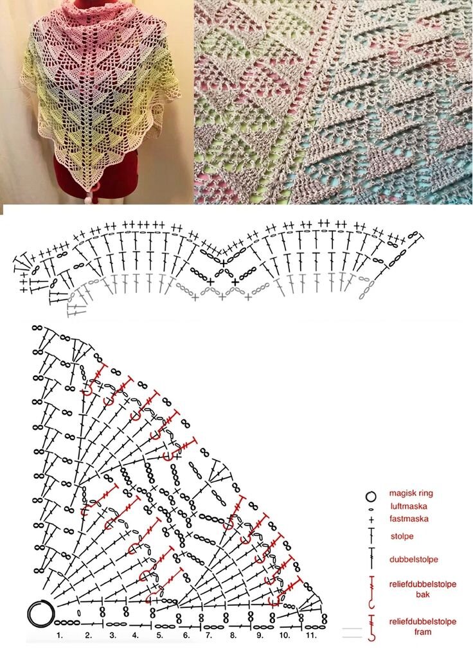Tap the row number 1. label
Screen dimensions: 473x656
click(x=60, y=635)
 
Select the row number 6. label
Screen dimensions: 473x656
click(x=186, y=635)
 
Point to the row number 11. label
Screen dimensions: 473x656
click(x=310, y=635)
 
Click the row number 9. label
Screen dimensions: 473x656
click(x=260, y=635)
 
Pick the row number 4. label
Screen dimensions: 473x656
click(x=135, y=635)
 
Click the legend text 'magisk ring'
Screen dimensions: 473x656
click(x=411, y=493)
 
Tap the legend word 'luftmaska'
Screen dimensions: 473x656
click(x=409, y=506)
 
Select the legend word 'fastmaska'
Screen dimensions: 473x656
click(x=409, y=519)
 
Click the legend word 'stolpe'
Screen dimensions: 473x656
click(x=402, y=536)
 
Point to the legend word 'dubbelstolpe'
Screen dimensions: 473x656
click(x=414, y=560)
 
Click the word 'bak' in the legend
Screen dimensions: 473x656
click(x=423, y=594)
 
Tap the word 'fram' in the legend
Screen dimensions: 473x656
click(x=423, y=632)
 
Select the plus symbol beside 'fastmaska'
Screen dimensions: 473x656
click(x=371, y=520)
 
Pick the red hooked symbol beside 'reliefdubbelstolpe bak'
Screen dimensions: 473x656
click(x=371, y=592)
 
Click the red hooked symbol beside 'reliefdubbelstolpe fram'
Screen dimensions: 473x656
click(x=371, y=628)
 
